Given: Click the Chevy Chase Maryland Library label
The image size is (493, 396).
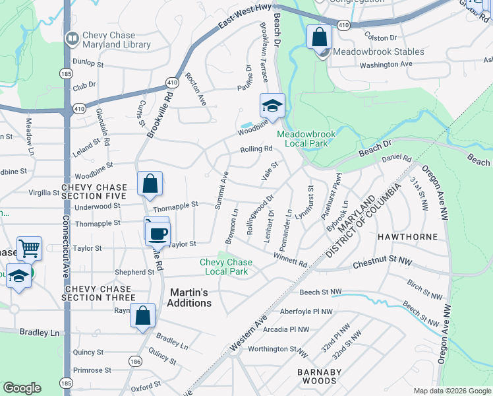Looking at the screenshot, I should [x=116, y=40].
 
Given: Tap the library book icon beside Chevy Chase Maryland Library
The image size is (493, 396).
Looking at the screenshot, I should [x=71, y=40].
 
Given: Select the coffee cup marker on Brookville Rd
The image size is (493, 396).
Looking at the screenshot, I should [x=159, y=233].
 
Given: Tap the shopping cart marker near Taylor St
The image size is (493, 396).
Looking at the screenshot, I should [x=29, y=249].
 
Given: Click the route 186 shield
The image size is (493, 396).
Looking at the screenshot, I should [x=135, y=362].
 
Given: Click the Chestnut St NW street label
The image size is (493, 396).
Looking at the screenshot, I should [x=383, y=263].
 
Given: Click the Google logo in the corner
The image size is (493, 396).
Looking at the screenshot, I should [x=22, y=388].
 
